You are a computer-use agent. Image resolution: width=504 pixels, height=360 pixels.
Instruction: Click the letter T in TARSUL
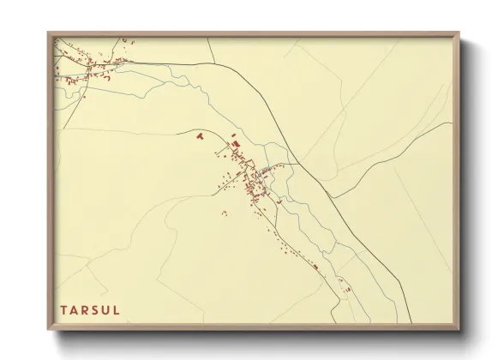point(63,309)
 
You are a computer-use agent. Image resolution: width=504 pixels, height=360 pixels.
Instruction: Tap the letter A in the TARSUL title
point(75,309)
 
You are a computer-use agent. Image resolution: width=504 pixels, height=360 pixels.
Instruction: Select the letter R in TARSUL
point(86,309)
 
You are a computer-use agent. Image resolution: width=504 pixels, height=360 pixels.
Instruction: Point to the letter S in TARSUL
point(96,309)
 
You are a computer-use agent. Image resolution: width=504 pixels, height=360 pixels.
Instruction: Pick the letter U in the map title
point(106,309)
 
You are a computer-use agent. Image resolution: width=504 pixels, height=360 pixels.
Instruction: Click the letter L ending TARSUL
point(117,309)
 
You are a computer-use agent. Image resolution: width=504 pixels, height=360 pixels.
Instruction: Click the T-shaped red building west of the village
point(200,135)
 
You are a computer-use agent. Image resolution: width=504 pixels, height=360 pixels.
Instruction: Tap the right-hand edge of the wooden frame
point(457,180)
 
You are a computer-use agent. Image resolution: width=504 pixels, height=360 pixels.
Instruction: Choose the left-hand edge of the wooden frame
point(50,180)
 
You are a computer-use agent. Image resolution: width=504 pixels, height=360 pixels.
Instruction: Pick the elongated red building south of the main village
point(315,267)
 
